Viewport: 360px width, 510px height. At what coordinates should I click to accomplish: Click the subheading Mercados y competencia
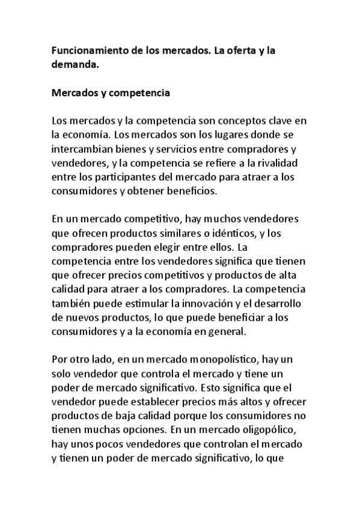tap(111, 94)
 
